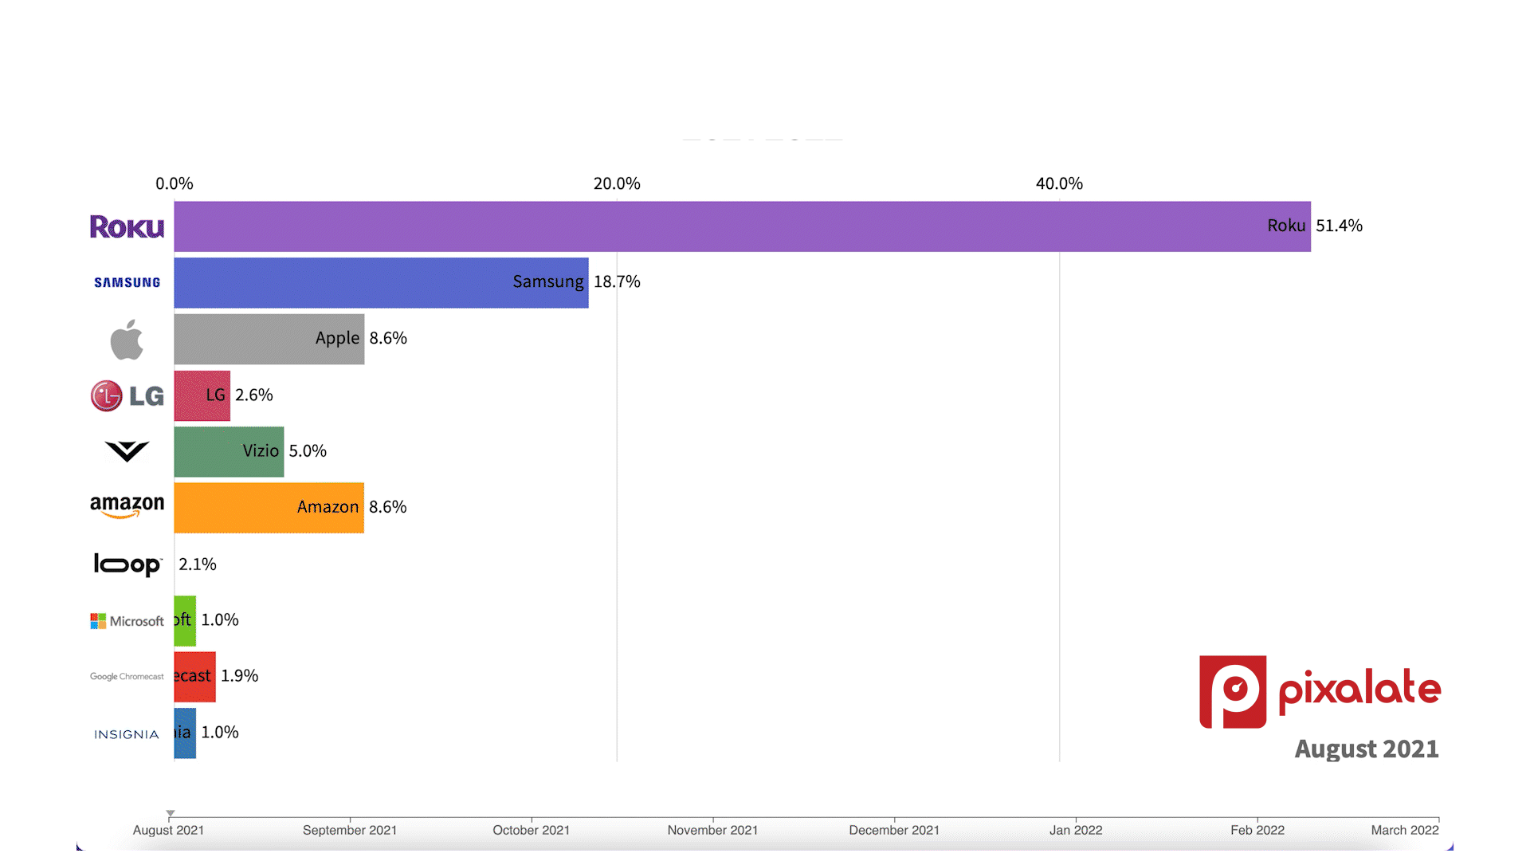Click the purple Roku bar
pos(741,226)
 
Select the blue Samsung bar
pos(381,283)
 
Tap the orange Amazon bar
pos(269,508)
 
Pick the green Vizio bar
pos(229,452)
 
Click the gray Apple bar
pos(269,339)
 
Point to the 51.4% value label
pos(1339,226)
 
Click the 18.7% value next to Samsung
pos(617,281)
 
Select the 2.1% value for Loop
pos(198,564)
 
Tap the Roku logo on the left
pos(127,227)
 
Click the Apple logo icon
pos(127,340)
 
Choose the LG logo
pos(127,395)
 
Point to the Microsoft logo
pos(127,621)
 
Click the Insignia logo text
pos(127,734)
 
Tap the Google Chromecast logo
pos(127,677)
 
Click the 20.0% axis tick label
pos(617,183)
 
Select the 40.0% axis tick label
pos(1059,183)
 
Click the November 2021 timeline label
pos(712,830)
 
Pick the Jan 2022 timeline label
pos(1076,830)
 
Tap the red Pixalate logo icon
pos(1233,691)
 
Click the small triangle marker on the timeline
pos(171,814)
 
